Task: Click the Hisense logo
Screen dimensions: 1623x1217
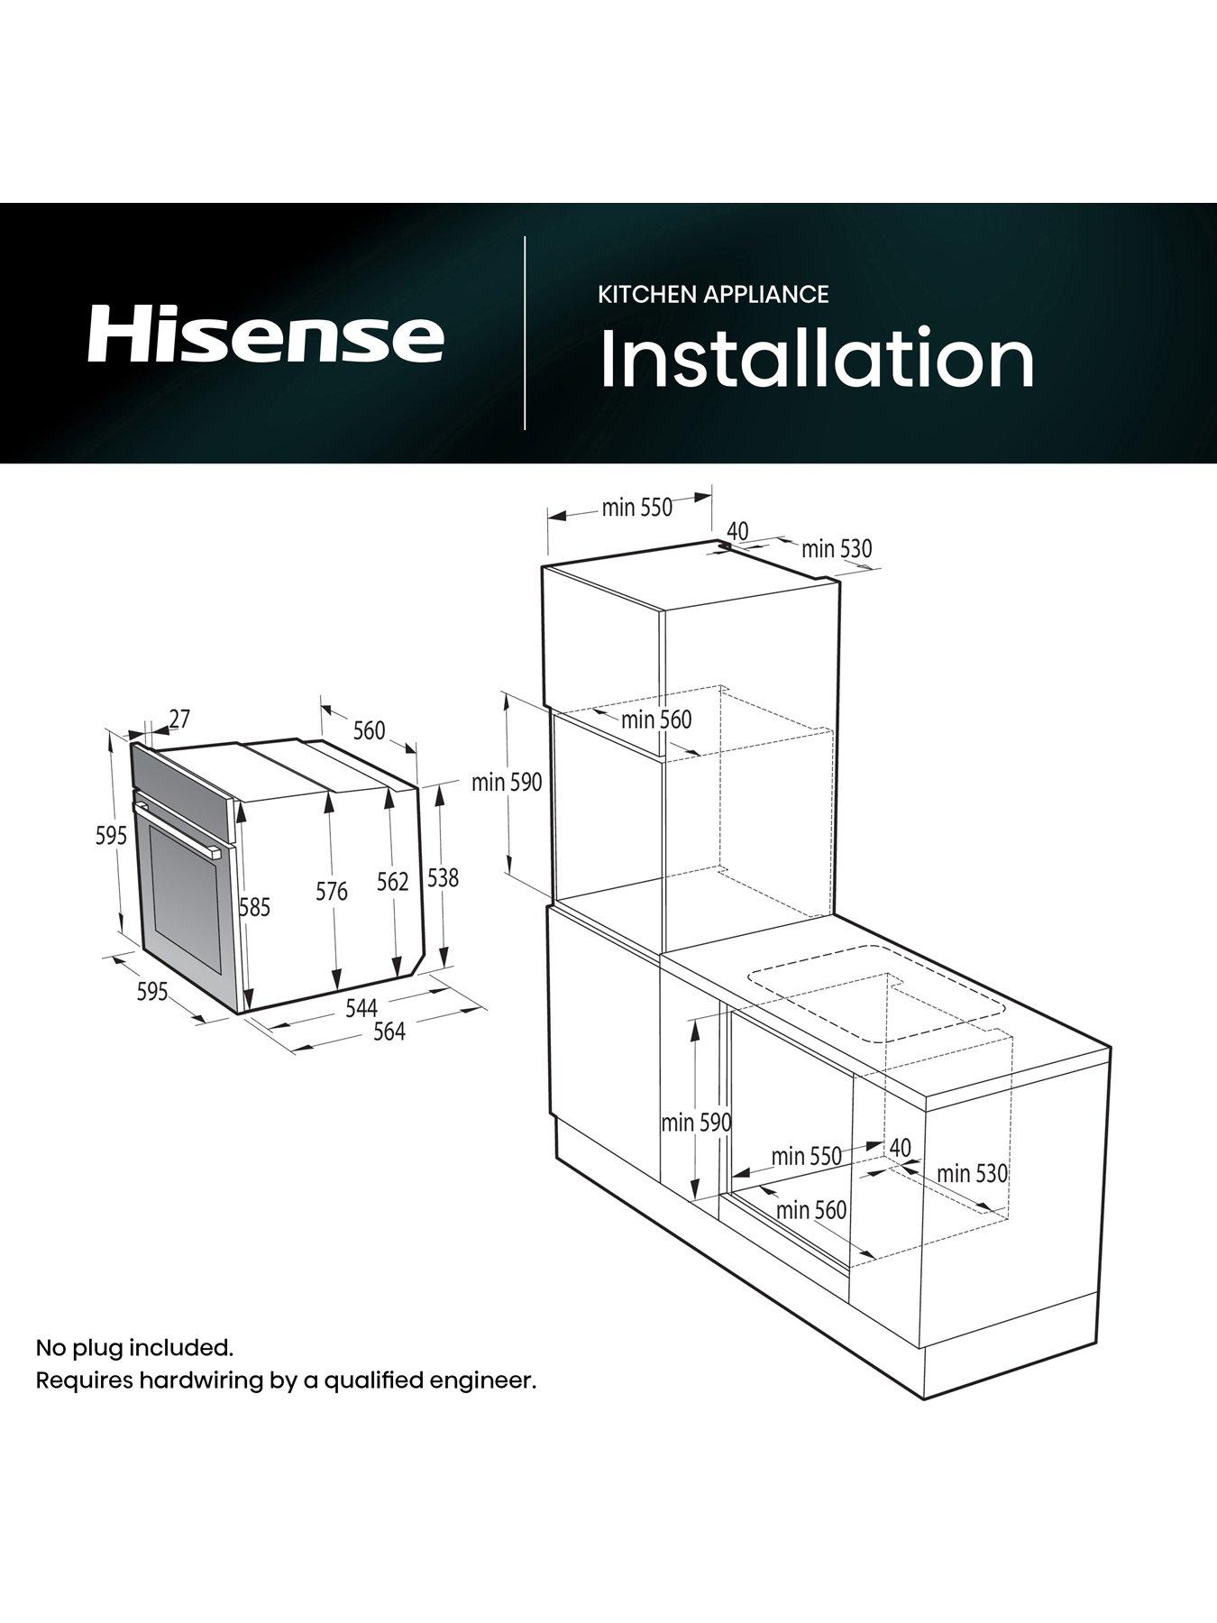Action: (265, 335)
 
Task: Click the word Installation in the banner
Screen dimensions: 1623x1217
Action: (817, 359)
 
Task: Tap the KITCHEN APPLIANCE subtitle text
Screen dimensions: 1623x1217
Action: (713, 294)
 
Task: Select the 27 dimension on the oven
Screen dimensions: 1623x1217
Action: (180, 719)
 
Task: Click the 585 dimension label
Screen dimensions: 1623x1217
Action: (254, 907)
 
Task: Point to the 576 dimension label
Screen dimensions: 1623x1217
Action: (332, 892)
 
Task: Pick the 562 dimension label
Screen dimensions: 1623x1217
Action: (393, 882)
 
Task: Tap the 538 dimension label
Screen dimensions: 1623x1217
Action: (443, 877)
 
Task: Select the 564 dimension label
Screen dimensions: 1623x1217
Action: (389, 1032)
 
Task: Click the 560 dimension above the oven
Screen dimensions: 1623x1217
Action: (369, 730)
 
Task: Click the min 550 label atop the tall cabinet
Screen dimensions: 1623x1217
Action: (637, 508)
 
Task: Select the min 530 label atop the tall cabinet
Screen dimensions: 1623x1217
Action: (837, 548)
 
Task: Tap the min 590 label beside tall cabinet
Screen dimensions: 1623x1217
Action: (507, 782)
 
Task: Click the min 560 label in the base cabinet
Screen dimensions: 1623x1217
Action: (811, 1209)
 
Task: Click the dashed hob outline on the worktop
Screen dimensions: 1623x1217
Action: (874, 992)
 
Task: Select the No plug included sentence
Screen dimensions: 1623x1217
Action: (134, 1348)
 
